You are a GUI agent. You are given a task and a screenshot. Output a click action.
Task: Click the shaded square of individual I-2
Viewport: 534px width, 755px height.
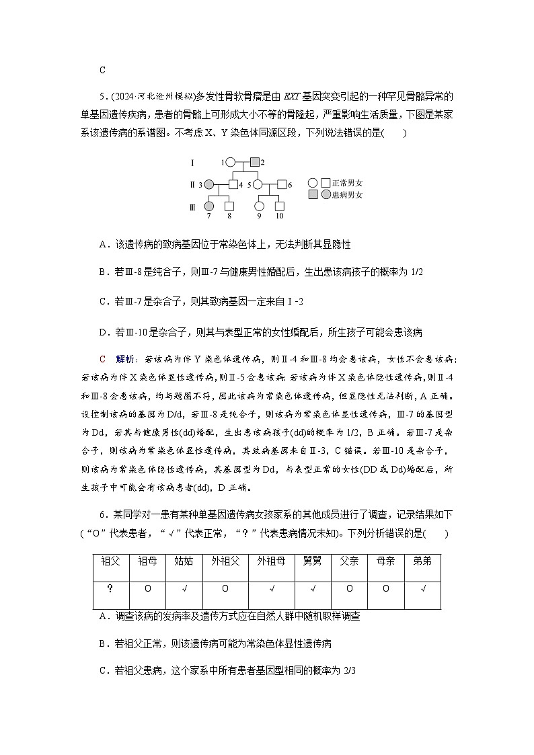(x=254, y=162)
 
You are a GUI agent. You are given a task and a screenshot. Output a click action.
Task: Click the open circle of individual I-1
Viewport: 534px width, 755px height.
(x=230, y=162)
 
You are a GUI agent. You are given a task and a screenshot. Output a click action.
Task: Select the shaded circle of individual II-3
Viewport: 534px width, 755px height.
(x=209, y=184)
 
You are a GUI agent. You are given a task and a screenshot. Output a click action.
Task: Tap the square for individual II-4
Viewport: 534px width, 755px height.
(x=233, y=184)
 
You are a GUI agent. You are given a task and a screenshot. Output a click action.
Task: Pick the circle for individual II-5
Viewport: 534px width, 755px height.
(x=257, y=184)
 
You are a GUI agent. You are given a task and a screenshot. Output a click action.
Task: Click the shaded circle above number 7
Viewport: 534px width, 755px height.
(x=209, y=206)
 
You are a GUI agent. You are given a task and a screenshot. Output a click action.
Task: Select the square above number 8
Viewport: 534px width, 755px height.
(x=229, y=206)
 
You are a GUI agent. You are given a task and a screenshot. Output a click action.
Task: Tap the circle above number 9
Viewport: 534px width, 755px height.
(x=260, y=206)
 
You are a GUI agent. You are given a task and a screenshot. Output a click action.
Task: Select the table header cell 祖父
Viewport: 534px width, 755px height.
(x=111, y=561)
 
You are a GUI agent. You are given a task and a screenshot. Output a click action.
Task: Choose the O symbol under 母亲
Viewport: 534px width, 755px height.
(x=386, y=588)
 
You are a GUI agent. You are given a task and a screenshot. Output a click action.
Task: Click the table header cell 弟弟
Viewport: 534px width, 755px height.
(x=422, y=561)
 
